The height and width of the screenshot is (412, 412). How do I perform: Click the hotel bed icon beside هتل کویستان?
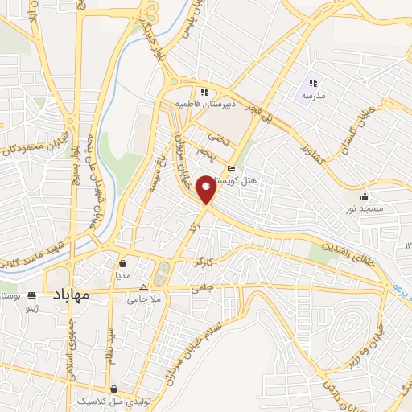tap(232, 169)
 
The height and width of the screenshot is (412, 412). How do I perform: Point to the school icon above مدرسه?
tap(314, 83)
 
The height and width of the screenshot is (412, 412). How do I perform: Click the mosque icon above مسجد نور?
tap(365, 196)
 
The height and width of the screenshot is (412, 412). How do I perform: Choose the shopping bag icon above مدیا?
tap(123, 262)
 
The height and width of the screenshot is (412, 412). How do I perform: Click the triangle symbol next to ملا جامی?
tap(144, 287)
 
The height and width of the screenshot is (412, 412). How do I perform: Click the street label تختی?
tap(212, 137)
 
